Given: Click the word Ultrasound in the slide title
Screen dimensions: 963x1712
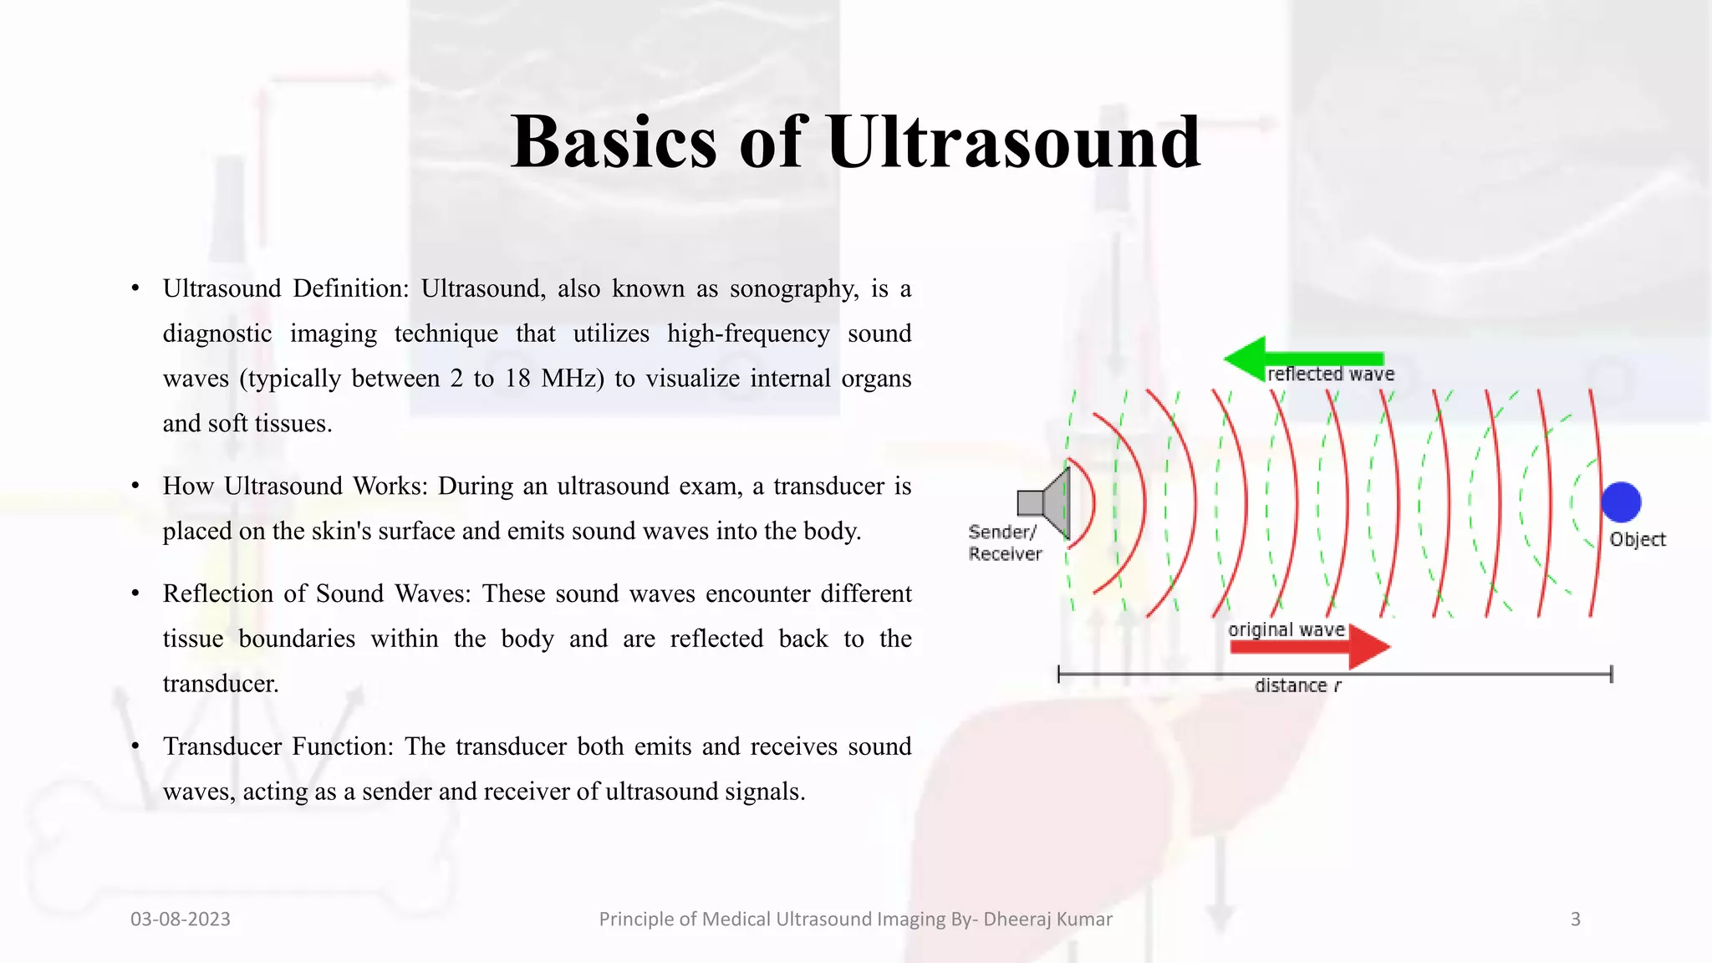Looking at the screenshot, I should point(1013,142).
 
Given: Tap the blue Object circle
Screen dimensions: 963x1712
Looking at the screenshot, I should point(1621,502).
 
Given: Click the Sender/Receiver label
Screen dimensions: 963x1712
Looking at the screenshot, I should point(1005,543).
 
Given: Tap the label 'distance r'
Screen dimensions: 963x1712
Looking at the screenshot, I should point(1297,686).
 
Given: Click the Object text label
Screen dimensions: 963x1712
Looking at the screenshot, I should point(1637,540).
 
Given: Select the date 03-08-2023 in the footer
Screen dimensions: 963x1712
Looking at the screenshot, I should point(181,920).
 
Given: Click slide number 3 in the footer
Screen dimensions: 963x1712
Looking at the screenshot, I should point(1575,920).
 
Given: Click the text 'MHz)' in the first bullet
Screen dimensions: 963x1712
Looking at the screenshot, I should point(572,379).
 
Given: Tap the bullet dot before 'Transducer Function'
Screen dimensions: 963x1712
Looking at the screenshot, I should point(135,746).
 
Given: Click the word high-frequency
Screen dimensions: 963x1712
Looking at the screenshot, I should point(748,334).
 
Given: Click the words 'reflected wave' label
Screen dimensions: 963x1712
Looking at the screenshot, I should point(1331,374).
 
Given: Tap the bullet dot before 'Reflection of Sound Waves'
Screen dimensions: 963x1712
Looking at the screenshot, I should point(135,594).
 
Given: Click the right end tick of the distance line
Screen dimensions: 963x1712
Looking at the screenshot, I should point(1611,674).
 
